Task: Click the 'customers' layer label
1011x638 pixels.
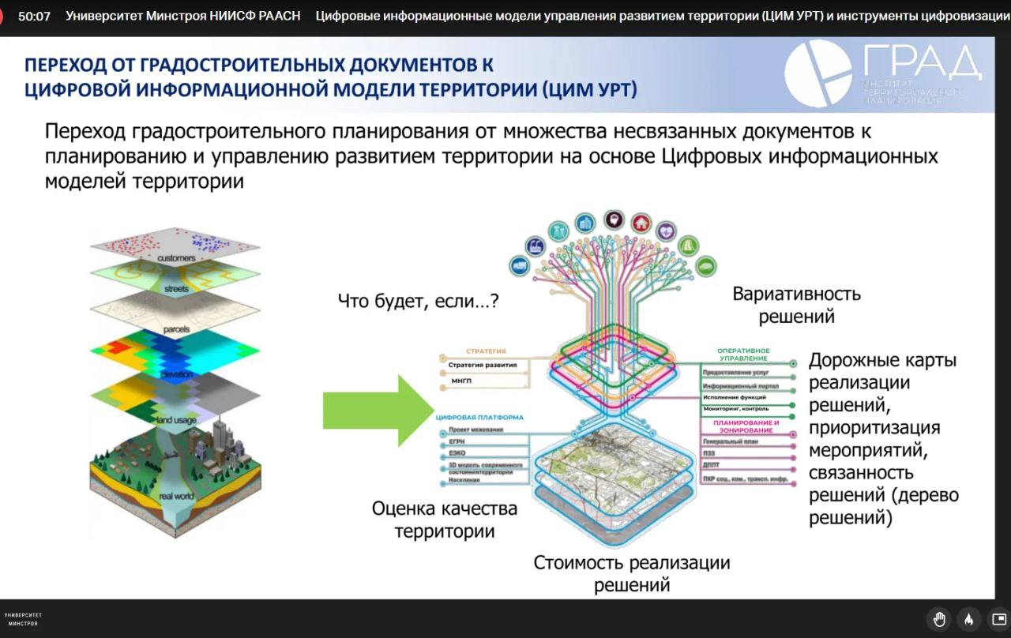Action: pyautogui.click(x=175, y=259)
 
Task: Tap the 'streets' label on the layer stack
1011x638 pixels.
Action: pyautogui.click(x=176, y=290)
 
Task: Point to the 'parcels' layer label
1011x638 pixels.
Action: pyautogui.click(x=176, y=328)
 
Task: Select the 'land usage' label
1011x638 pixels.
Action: pyautogui.click(x=176, y=420)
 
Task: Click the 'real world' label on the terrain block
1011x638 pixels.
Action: pyautogui.click(x=176, y=496)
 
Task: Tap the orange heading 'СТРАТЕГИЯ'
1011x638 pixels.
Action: pyautogui.click(x=486, y=351)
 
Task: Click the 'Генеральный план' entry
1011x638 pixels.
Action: pyautogui.click(x=730, y=441)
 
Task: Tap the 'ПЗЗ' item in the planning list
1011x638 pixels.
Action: pyautogui.click(x=708, y=454)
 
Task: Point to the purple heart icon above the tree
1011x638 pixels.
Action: pyautogui.click(x=667, y=231)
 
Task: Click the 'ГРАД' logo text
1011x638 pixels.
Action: pyautogui.click(x=920, y=62)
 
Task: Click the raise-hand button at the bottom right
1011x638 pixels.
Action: pyautogui.click(x=939, y=618)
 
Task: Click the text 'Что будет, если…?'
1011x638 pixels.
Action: pyautogui.click(x=418, y=301)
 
